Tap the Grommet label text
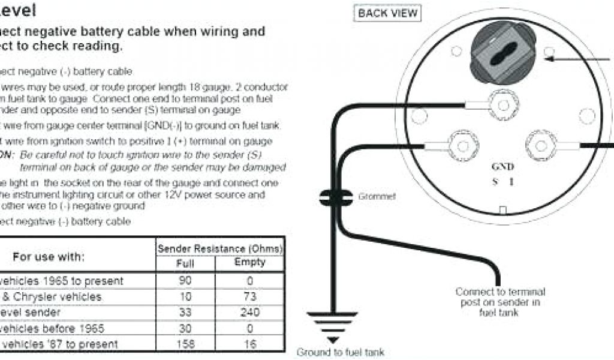(x=377, y=196)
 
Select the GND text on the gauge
(x=502, y=167)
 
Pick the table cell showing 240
(x=249, y=312)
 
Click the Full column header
(x=185, y=263)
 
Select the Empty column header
(x=249, y=262)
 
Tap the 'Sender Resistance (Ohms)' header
(x=219, y=248)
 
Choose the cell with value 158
(x=186, y=344)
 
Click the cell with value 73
(x=249, y=296)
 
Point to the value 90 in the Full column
(x=186, y=280)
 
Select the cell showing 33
(x=186, y=312)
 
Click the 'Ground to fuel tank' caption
(x=340, y=352)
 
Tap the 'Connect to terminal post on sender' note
(x=500, y=302)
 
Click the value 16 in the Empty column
(x=249, y=344)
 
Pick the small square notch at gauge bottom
(x=503, y=211)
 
